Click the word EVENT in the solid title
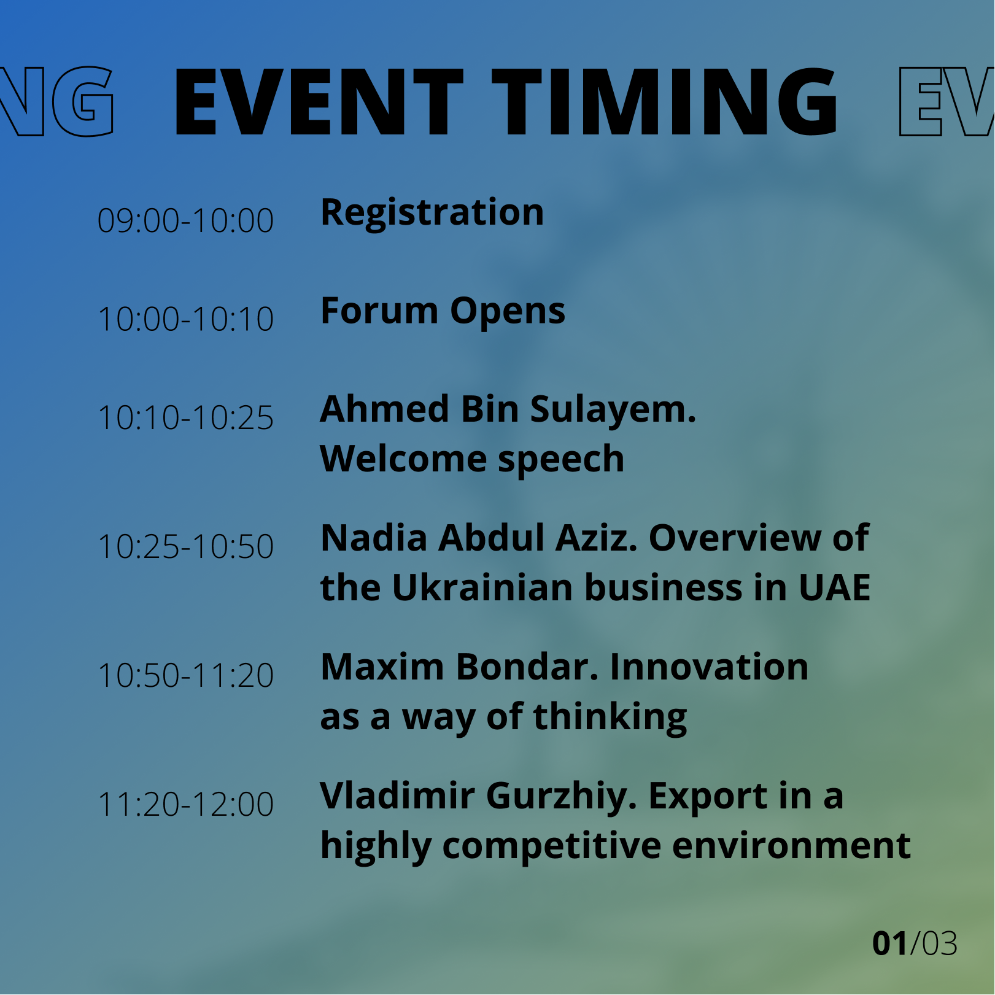tap(318, 102)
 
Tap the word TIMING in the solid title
tap(665, 102)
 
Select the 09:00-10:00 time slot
tap(185, 220)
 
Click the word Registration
tap(432, 212)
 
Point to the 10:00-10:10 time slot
tap(185, 319)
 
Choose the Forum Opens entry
tap(443, 311)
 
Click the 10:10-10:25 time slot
tap(185, 418)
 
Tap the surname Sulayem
tap(613, 410)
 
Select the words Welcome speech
tap(472, 459)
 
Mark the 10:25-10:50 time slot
tap(185, 546)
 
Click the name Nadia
tap(374, 538)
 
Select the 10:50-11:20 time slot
tap(185, 675)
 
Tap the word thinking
tap(610, 718)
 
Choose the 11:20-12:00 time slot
tap(185, 804)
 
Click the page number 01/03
tap(915, 944)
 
